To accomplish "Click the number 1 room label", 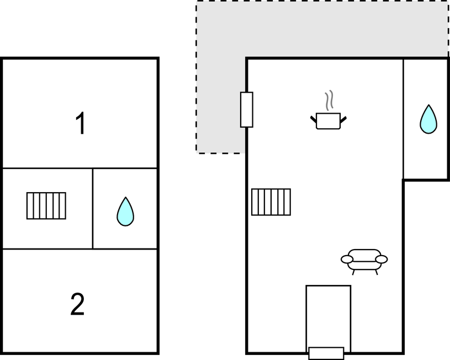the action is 81,123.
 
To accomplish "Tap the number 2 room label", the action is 77,304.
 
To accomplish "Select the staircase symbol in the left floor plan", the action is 46,206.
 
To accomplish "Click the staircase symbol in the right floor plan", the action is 271,202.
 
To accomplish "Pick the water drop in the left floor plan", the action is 125,211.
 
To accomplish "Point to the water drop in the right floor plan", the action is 428,119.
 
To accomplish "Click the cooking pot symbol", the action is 329,121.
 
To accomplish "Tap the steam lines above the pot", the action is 329,100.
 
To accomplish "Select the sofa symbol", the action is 364,262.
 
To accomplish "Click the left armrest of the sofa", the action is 347,260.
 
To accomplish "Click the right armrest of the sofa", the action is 382,260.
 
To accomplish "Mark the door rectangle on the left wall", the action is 246,110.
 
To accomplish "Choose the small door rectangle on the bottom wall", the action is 326,353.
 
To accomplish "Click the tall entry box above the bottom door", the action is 329,316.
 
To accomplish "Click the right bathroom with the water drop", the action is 426,119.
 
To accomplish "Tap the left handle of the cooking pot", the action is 314,119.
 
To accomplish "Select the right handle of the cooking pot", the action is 343,119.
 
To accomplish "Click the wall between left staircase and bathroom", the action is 93,209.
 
